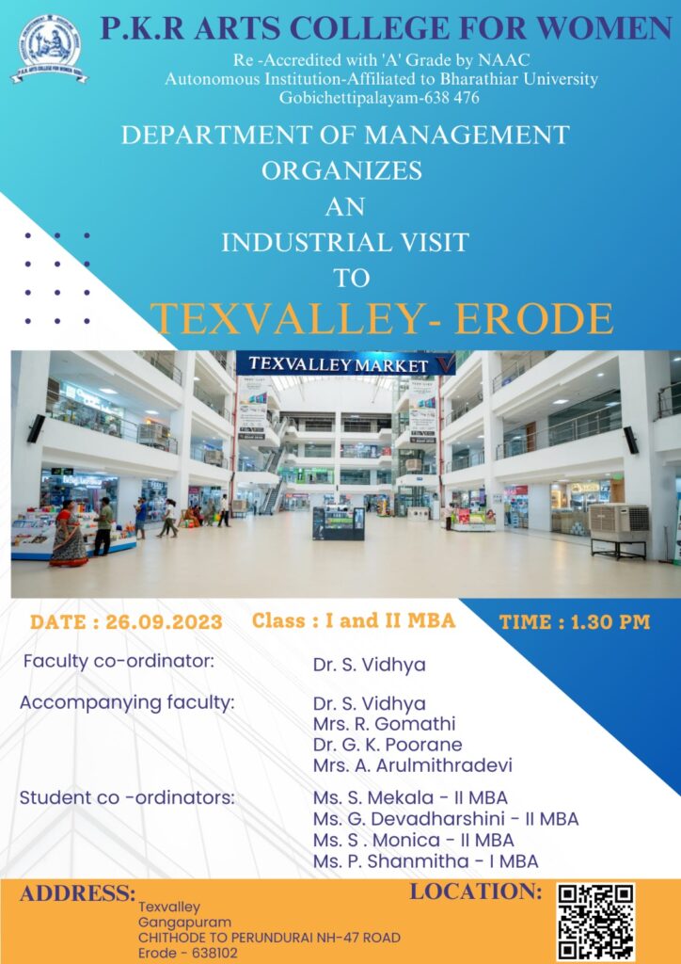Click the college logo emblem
pos(49,48)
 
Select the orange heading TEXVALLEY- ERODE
pos(381,318)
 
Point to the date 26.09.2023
pos(164,621)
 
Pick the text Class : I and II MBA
pos(354,620)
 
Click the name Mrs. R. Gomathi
pos(385,724)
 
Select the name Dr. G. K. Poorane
pos(388,745)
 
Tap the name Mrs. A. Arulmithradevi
pos(413,765)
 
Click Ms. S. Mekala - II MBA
pos(410,798)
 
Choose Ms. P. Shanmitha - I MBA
pos(425,861)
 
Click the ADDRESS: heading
pos(77,892)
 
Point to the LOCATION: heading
pos(476,891)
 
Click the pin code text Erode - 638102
pos(187,954)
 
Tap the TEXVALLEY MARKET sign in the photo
pos(345,363)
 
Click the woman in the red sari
pos(68,536)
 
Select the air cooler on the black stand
pos(619,531)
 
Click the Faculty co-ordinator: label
pos(119,662)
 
